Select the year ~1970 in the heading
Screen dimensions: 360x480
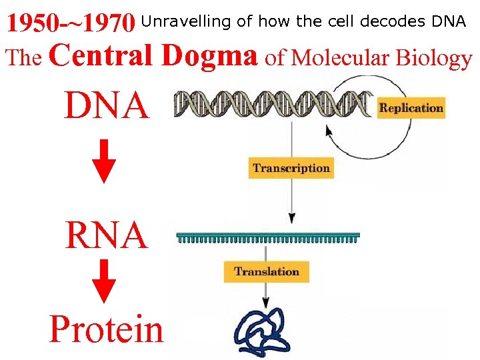click(100, 25)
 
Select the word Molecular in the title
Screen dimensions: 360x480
click(340, 59)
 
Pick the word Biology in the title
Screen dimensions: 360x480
click(433, 59)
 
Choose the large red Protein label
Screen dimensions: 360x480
click(106, 329)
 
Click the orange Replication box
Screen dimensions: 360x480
click(411, 108)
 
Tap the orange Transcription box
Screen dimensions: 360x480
click(291, 168)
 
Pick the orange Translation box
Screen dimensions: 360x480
click(266, 271)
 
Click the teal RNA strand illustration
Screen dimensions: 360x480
click(267, 237)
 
